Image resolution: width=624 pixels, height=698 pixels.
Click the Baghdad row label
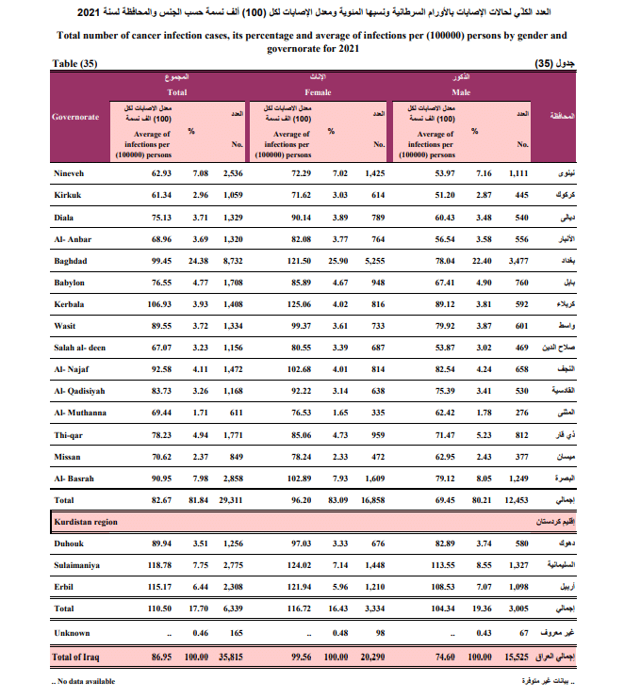[71, 260]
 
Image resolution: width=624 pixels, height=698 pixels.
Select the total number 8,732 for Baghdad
[231, 260]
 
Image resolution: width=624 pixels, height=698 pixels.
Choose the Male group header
[461, 92]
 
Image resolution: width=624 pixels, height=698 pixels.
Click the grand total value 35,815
[229, 656]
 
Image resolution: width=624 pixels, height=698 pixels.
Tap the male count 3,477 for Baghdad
[517, 260]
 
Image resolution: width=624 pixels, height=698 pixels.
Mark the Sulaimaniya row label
[78, 565]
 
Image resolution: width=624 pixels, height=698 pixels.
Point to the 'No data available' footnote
[85, 680]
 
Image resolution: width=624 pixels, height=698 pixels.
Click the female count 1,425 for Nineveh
[376, 174]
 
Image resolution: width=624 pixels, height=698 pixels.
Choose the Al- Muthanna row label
[81, 413]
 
